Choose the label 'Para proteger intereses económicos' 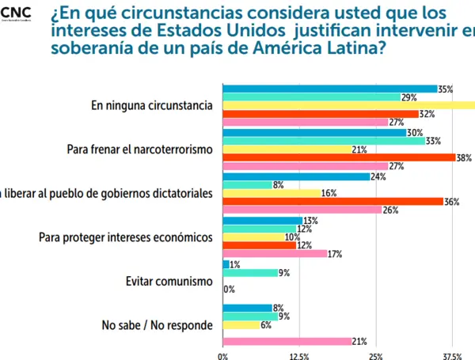click(x=126, y=237)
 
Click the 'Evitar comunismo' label click(x=169, y=280)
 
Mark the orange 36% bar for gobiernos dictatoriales click(x=333, y=202)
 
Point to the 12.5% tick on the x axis click(x=299, y=355)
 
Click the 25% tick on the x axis click(x=376, y=355)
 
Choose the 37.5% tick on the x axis click(x=452, y=355)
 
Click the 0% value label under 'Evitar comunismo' click(x=230, y=290)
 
